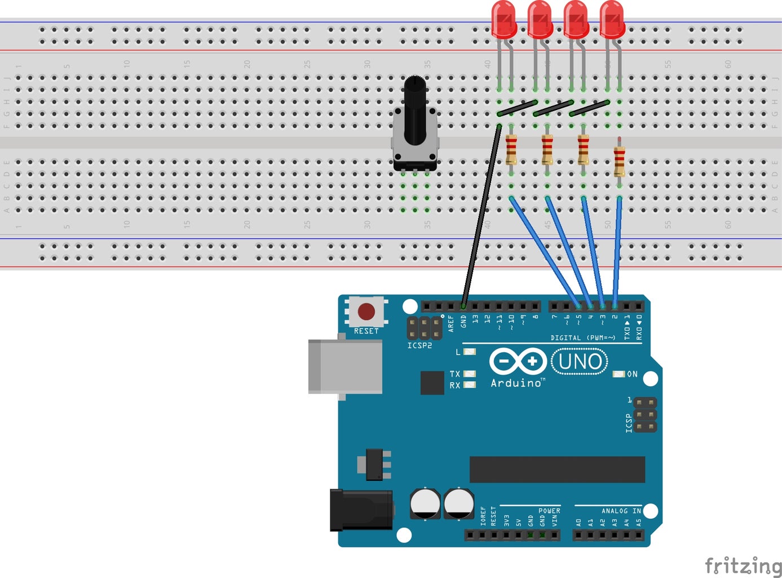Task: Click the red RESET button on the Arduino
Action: coord(366,311)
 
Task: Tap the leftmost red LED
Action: coord(503,20)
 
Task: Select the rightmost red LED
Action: coord(612,20)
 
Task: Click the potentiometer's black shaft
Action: coord(415,110)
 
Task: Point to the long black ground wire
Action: coord(481,214)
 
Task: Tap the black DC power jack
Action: coord(361,510)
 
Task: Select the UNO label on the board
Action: coord(580,362)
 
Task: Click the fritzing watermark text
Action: coord(743,566)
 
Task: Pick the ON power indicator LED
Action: coord(619,374)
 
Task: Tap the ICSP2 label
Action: coord(419,345)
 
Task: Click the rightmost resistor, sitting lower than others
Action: coord(619,160)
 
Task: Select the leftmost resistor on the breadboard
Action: coord(511,149)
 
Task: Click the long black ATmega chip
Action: coord(557,470)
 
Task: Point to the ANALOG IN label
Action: coord(621,511)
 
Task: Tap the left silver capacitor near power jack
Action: coord(425,503)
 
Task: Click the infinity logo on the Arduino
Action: coord(518,361)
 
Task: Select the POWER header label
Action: coord(549,511)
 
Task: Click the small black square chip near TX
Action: coord(432,383)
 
